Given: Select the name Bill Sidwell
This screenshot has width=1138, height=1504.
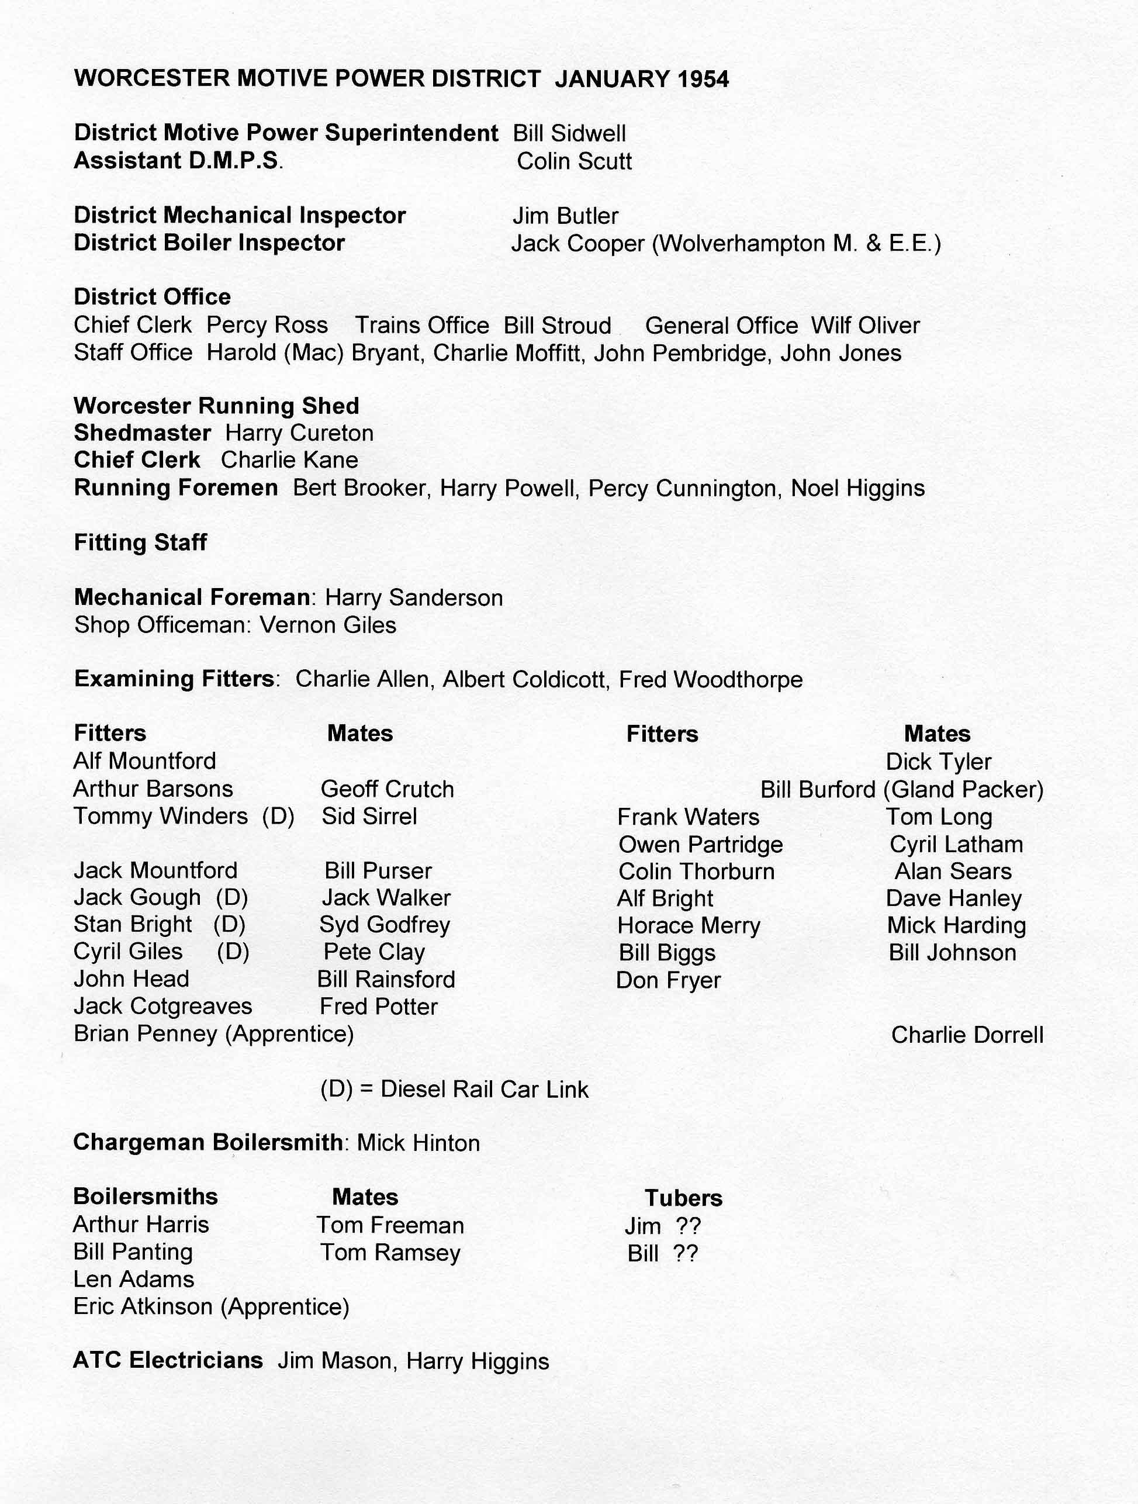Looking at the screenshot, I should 569,134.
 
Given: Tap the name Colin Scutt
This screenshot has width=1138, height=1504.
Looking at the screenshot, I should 574,162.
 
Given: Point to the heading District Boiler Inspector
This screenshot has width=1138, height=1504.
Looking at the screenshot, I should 209,243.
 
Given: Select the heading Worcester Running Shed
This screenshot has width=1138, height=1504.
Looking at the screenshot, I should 216,406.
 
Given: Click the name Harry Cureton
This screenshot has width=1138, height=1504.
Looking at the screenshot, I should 299,433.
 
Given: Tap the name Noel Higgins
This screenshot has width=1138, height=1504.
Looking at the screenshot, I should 857,488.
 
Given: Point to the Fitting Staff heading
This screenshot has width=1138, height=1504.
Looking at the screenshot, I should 140,542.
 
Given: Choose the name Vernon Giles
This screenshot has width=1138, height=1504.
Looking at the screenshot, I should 328,625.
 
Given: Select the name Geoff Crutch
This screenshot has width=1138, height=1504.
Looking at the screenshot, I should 387,789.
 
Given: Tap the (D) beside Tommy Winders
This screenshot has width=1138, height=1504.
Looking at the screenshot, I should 278,816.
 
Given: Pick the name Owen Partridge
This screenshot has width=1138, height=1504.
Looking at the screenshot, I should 700,845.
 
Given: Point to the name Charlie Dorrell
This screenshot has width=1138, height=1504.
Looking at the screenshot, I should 967,1035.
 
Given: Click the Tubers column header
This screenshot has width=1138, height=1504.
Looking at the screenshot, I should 683,1198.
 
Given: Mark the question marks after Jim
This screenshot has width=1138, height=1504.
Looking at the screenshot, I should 688,1226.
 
